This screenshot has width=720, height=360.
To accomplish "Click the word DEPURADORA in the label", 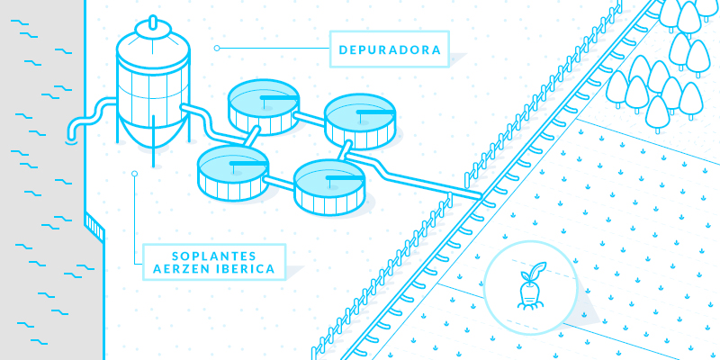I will (x=389, y=49).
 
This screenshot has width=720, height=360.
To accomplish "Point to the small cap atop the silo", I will (x=151, y=24).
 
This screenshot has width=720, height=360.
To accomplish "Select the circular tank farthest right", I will (x=360, y=120).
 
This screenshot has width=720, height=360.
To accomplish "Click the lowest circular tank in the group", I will (x=329, y=185).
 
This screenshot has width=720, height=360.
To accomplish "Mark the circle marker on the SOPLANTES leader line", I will (x=134, y=174).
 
